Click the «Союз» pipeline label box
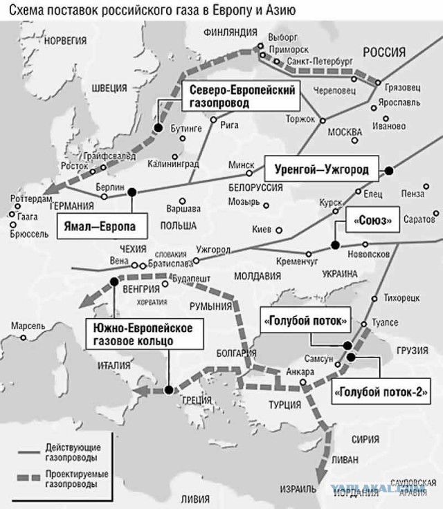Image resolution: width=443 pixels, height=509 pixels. [372, 221]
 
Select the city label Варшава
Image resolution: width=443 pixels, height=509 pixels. [183, 208]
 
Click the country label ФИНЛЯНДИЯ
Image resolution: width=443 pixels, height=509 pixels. [230, 32]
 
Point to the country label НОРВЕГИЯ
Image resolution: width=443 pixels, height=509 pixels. [65, 41]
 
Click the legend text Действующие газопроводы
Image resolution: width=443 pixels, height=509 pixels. [71, 453]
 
